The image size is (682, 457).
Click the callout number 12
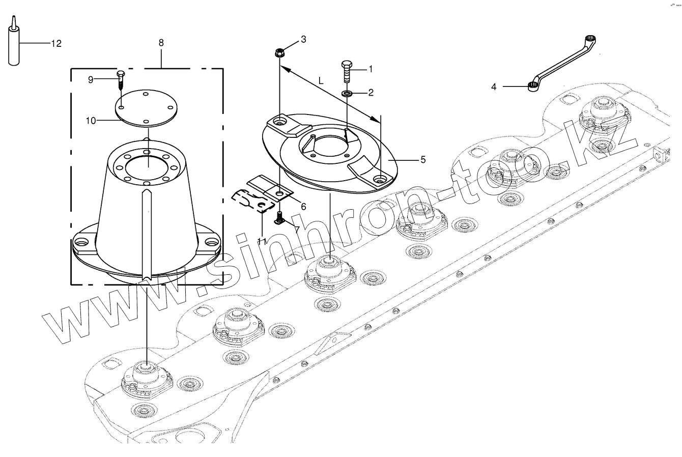coord(56,44)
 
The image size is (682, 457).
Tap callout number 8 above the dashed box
coord(161,43)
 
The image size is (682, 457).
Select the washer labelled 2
coord(347,94)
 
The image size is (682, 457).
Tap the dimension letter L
coord(320,81)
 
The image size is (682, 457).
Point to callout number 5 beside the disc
coord(422,159)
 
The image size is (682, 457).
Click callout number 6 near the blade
coord(303,206)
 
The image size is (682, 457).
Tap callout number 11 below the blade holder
coord(262,242)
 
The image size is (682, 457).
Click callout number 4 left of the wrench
coord(494,87)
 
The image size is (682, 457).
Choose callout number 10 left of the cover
coord(91,120)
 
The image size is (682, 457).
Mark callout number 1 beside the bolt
coord(371,69)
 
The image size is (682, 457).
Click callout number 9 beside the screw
coord(91,79)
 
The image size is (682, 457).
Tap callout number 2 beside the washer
coord(371,92)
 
